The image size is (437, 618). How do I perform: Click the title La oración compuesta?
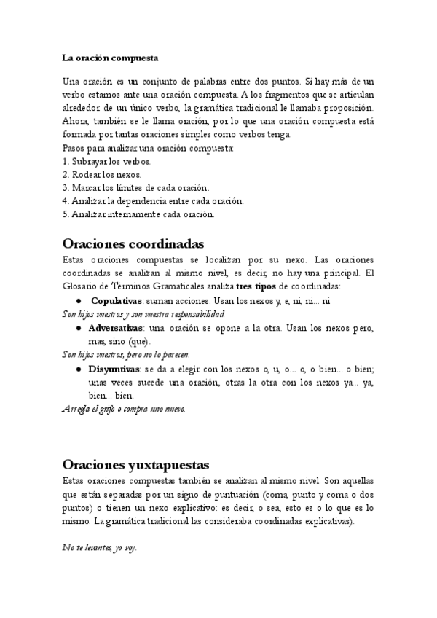click(110, 57)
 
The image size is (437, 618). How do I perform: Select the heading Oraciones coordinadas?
click(133, 243)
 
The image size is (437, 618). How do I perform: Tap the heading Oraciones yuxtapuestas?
click(136, 464)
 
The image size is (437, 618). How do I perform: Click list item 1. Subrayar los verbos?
click(107, 160)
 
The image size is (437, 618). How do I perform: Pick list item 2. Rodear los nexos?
click(102, 174)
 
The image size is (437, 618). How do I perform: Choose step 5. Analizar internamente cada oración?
click(138, 214)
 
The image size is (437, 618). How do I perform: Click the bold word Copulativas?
click(117, 301)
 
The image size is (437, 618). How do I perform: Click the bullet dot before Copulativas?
click(78, 301)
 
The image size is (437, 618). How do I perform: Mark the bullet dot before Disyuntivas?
click(78, 369)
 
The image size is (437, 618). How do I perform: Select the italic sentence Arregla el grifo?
click(124, 410)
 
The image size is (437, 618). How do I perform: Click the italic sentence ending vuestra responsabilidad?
click(143, 314)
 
